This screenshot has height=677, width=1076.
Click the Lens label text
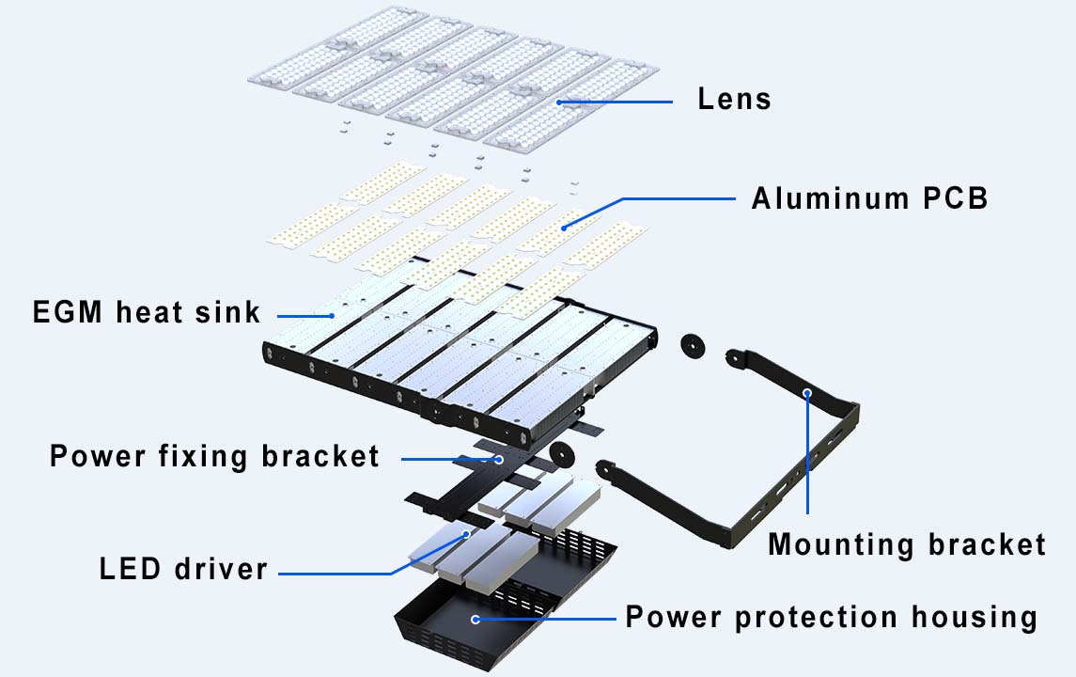point(734,99)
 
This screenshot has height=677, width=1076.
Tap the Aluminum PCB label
point(869,198)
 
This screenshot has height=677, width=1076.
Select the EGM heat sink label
point(146,312)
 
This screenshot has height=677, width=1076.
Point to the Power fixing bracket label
point(214,457)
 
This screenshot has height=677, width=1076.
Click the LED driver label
point(183,569)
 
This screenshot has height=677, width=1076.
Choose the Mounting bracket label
point(906,544)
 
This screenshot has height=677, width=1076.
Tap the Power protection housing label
point(831,618)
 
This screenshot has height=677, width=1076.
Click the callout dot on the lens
point(559,102)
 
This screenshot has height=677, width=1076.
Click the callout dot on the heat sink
point(331,315)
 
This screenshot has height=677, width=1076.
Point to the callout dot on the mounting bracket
point(806,391)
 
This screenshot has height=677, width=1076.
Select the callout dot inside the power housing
point(476,619)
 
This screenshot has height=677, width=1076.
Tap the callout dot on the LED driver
point(467,534)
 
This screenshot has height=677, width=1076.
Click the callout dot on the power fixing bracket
point(500,459)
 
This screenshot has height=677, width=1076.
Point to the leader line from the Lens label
point(620,102)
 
